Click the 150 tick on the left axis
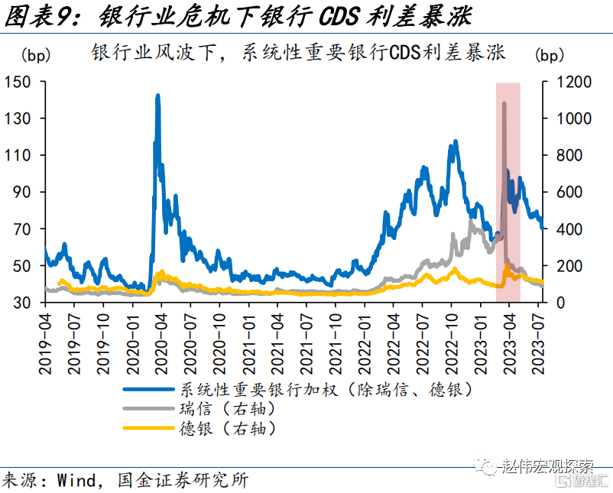pyautogui.click(x=18, y=82)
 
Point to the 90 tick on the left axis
pyautogui.click(x=22, y=192)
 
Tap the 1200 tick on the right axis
pyautogui.click(x=574, y=82)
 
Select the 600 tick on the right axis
pyautogui.click(x=569, y=192)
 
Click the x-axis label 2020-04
pyautogui.click(x=161, y=344)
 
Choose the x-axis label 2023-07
pyautogui.click(x=538, y=344)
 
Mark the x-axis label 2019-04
pyautogui.click(x=45, y=344)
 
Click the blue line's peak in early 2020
pyautogui.click(x=157, y=95)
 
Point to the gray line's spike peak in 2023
pyautogui.click(x=504, y=104)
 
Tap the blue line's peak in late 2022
pyautogui.click(x=456, y=141)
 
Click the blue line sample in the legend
pyautogui.click(x=148, y=389)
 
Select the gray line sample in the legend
pyautogui.click(x=148, y=409)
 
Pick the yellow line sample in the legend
pyautogui.click(x=148, y=428)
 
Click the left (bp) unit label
pyautogui.click(x=36, y=55)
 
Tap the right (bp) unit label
pyautogui.click(x=550, y=55)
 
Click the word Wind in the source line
pyautogui.click(x=76, y=480)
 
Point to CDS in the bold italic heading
pyautogui.click(x=339, y=17)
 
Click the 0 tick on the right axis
pyautogui.click(x=560, y=303)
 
